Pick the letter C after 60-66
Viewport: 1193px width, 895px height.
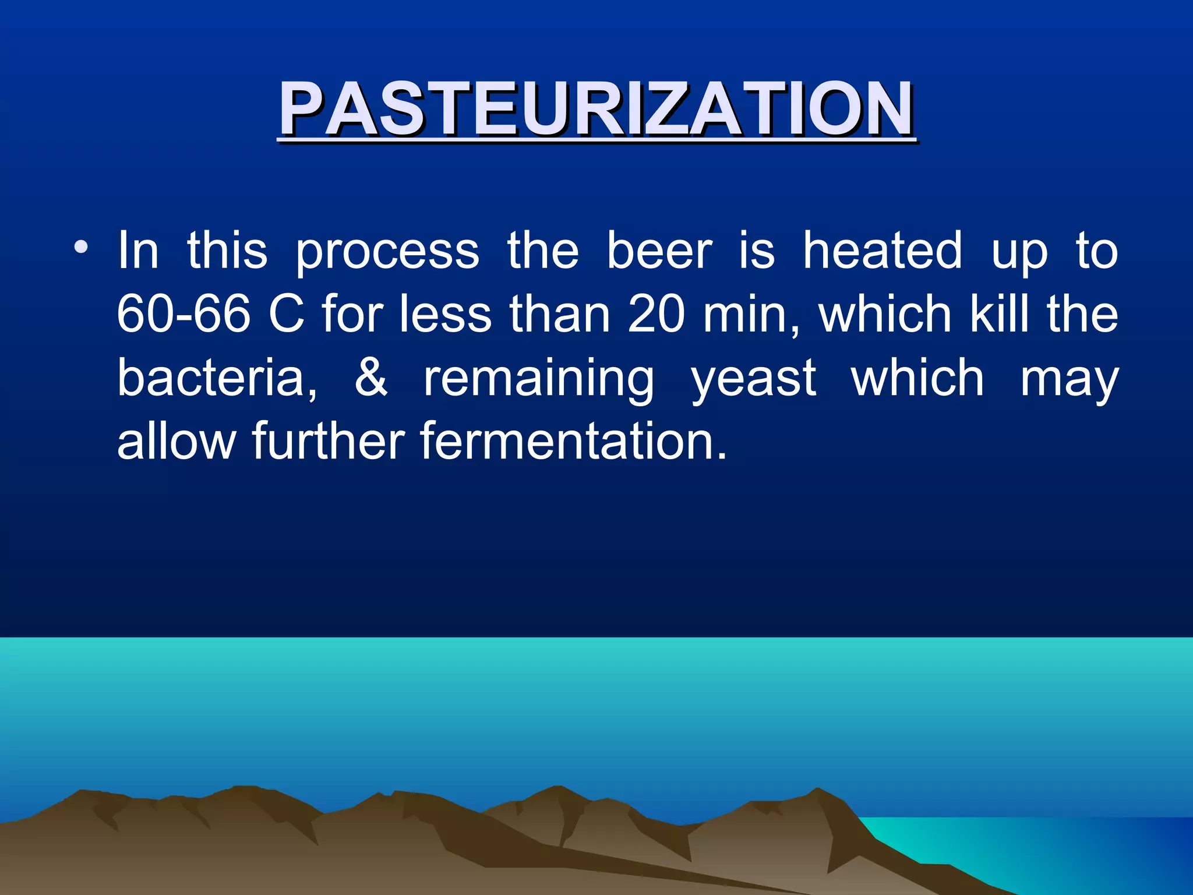(x=287, y=315)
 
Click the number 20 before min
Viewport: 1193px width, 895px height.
(x=656, y=315)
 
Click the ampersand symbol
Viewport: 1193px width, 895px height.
(x=371, y=378)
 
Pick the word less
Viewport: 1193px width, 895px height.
(x=446, y=315)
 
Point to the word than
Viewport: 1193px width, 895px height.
(x=560, y=315)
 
